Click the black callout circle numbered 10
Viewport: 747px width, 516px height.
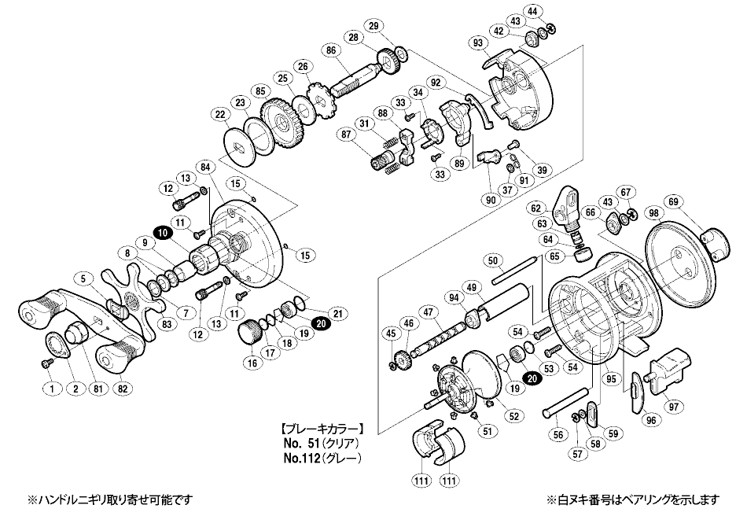click(162, 233)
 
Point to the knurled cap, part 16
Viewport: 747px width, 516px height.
click(251, 333)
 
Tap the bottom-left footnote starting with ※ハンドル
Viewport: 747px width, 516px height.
click(99, 499)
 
